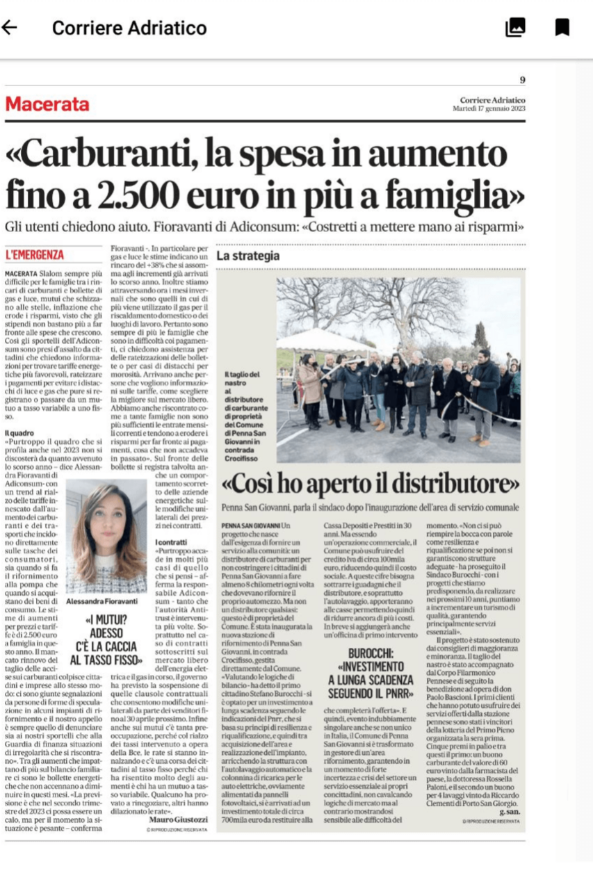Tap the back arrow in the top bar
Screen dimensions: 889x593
(x=10, y=27)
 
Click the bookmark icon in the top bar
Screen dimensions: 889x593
(x=562, y=27)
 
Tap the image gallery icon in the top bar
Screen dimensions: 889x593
(x=515, y=27)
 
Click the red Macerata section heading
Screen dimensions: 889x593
(x=47, y=104)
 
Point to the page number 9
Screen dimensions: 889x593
(x=522, y=80)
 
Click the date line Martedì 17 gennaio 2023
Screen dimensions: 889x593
(x=492, y=108)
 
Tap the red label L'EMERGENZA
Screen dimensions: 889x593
(x=35, y=255)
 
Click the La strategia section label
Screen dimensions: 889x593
(x=248, y=256)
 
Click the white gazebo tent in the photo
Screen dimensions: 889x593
(x=326, y=340)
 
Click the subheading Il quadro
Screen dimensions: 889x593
(x=19, y=432)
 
